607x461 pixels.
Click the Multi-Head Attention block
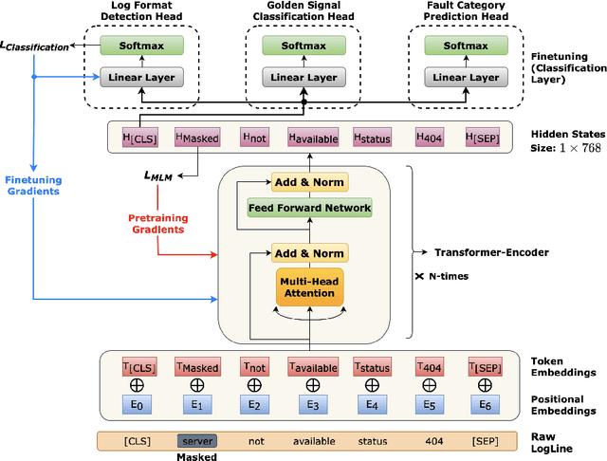point(309,286)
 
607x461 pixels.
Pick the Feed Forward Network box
point(309,207)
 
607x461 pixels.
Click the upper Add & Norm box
point(309,181)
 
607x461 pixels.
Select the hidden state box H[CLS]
point(139,138)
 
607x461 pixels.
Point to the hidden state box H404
point(430,138)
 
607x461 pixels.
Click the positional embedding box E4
point(372,404)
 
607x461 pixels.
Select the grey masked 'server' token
point(196,441)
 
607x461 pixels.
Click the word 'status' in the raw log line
point(372,441)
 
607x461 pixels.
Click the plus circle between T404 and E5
point(430,386)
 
